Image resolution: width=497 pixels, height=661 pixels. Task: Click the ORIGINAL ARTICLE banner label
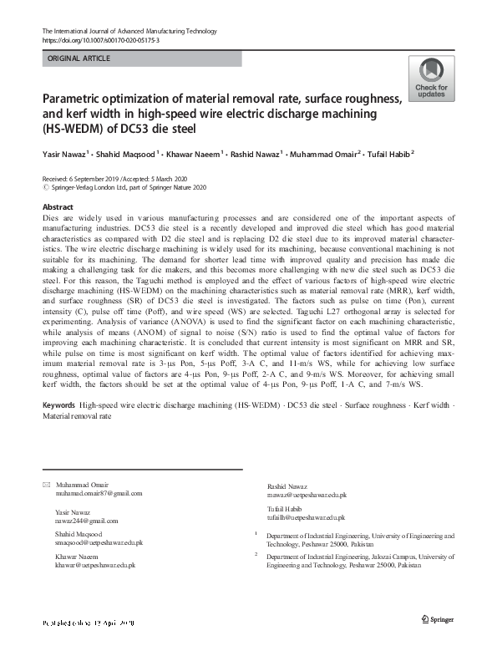pyautogui.click(x=80, y=58)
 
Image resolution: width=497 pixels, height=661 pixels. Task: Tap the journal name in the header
pyautogui.click(x=129, y=31)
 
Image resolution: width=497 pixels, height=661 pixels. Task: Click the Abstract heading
pyautogui.click(x=58, y=206)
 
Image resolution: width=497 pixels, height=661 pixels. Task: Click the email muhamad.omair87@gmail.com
pyautogui.click(x=99, y=494)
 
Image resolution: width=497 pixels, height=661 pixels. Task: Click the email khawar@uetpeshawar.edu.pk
pyautogui.click(x=95, y=565)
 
